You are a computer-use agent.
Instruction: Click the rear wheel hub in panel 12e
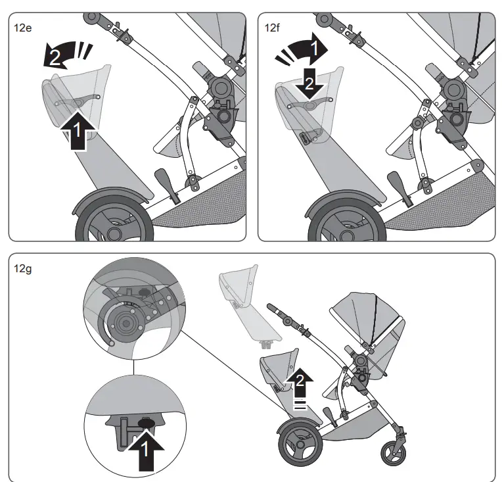coord(114,234)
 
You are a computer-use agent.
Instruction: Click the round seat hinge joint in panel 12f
coord(454,91)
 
